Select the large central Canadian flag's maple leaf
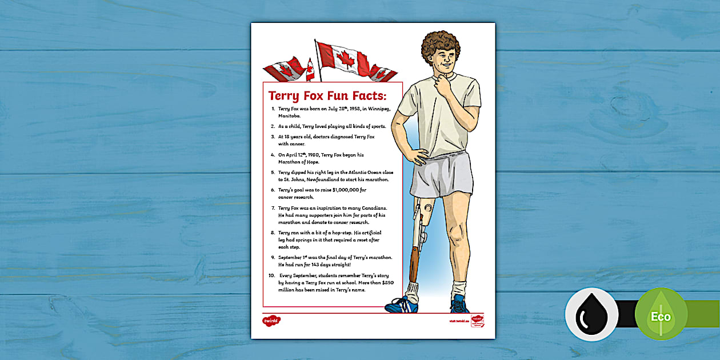coord(345,59)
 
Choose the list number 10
coord(271,275)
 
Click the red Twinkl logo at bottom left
coord(271,320)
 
